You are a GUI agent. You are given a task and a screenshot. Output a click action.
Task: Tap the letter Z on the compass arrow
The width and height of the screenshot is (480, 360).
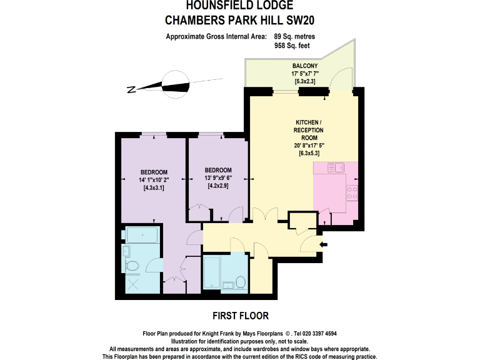[x=132, y=89]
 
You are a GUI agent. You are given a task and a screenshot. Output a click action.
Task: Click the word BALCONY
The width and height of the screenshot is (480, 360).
[x=305, y=66]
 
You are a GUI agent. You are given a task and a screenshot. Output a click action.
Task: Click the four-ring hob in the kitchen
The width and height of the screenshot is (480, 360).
[x=352, y=192]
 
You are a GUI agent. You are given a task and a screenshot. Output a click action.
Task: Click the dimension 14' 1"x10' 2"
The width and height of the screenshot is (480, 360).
[x=154, y=180]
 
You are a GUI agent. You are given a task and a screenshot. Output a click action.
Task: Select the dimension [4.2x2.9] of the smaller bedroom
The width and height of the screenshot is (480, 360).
[x=218, y=186]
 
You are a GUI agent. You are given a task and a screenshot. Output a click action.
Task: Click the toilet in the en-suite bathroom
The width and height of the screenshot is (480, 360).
[x=132, y=266]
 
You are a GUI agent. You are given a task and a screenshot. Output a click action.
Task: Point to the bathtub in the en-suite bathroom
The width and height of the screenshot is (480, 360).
[x=142, y=236]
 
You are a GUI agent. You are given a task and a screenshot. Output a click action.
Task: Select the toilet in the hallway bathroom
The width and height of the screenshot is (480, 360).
[x=238, y=284]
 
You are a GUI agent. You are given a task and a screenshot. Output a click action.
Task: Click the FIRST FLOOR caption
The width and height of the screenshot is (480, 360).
[x=240, y=316]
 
